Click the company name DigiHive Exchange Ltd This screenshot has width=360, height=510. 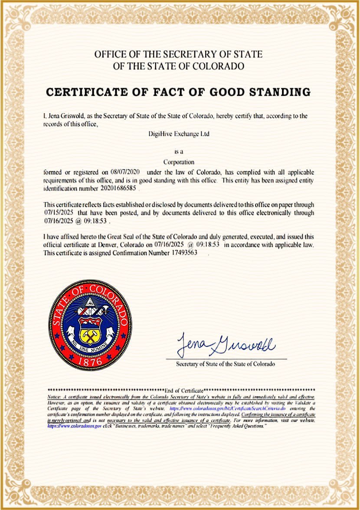click(179, 134)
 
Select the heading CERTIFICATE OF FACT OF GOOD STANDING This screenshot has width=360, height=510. click(178, 92)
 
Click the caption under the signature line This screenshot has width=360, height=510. click(225, 364)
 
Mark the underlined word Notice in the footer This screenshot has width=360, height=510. click(55, 397)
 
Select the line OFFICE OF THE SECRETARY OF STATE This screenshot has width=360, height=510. click(178, 54)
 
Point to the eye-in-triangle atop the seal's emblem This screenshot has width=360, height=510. click(90, 302)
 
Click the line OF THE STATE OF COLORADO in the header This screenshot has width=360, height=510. click(178, 66)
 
